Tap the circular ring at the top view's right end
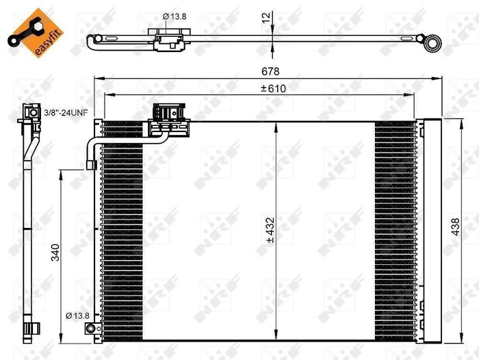click(432, 44)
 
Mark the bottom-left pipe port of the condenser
click(91, 330)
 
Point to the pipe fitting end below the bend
click(90, 163)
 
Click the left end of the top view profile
click(91, 42)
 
